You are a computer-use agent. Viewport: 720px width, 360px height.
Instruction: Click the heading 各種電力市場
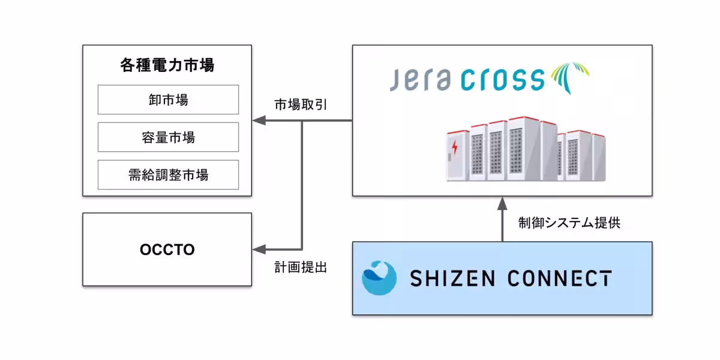click(167, 65)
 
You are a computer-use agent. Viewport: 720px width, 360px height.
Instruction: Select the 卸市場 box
click(168, 100)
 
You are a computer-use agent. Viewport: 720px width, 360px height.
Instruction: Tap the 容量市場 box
click(168, 137)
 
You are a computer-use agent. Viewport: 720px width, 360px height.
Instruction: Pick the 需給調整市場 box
click(168, 175)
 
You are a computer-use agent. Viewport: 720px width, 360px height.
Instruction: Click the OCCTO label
click(167, 250)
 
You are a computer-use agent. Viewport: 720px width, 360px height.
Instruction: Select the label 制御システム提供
click(569, 223)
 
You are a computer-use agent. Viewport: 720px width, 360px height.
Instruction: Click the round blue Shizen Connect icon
click(379, 278)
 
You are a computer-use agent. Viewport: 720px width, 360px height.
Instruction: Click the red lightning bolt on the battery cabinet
click(454, 146)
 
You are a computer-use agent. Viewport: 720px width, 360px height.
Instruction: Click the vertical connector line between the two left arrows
click(302, 186)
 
